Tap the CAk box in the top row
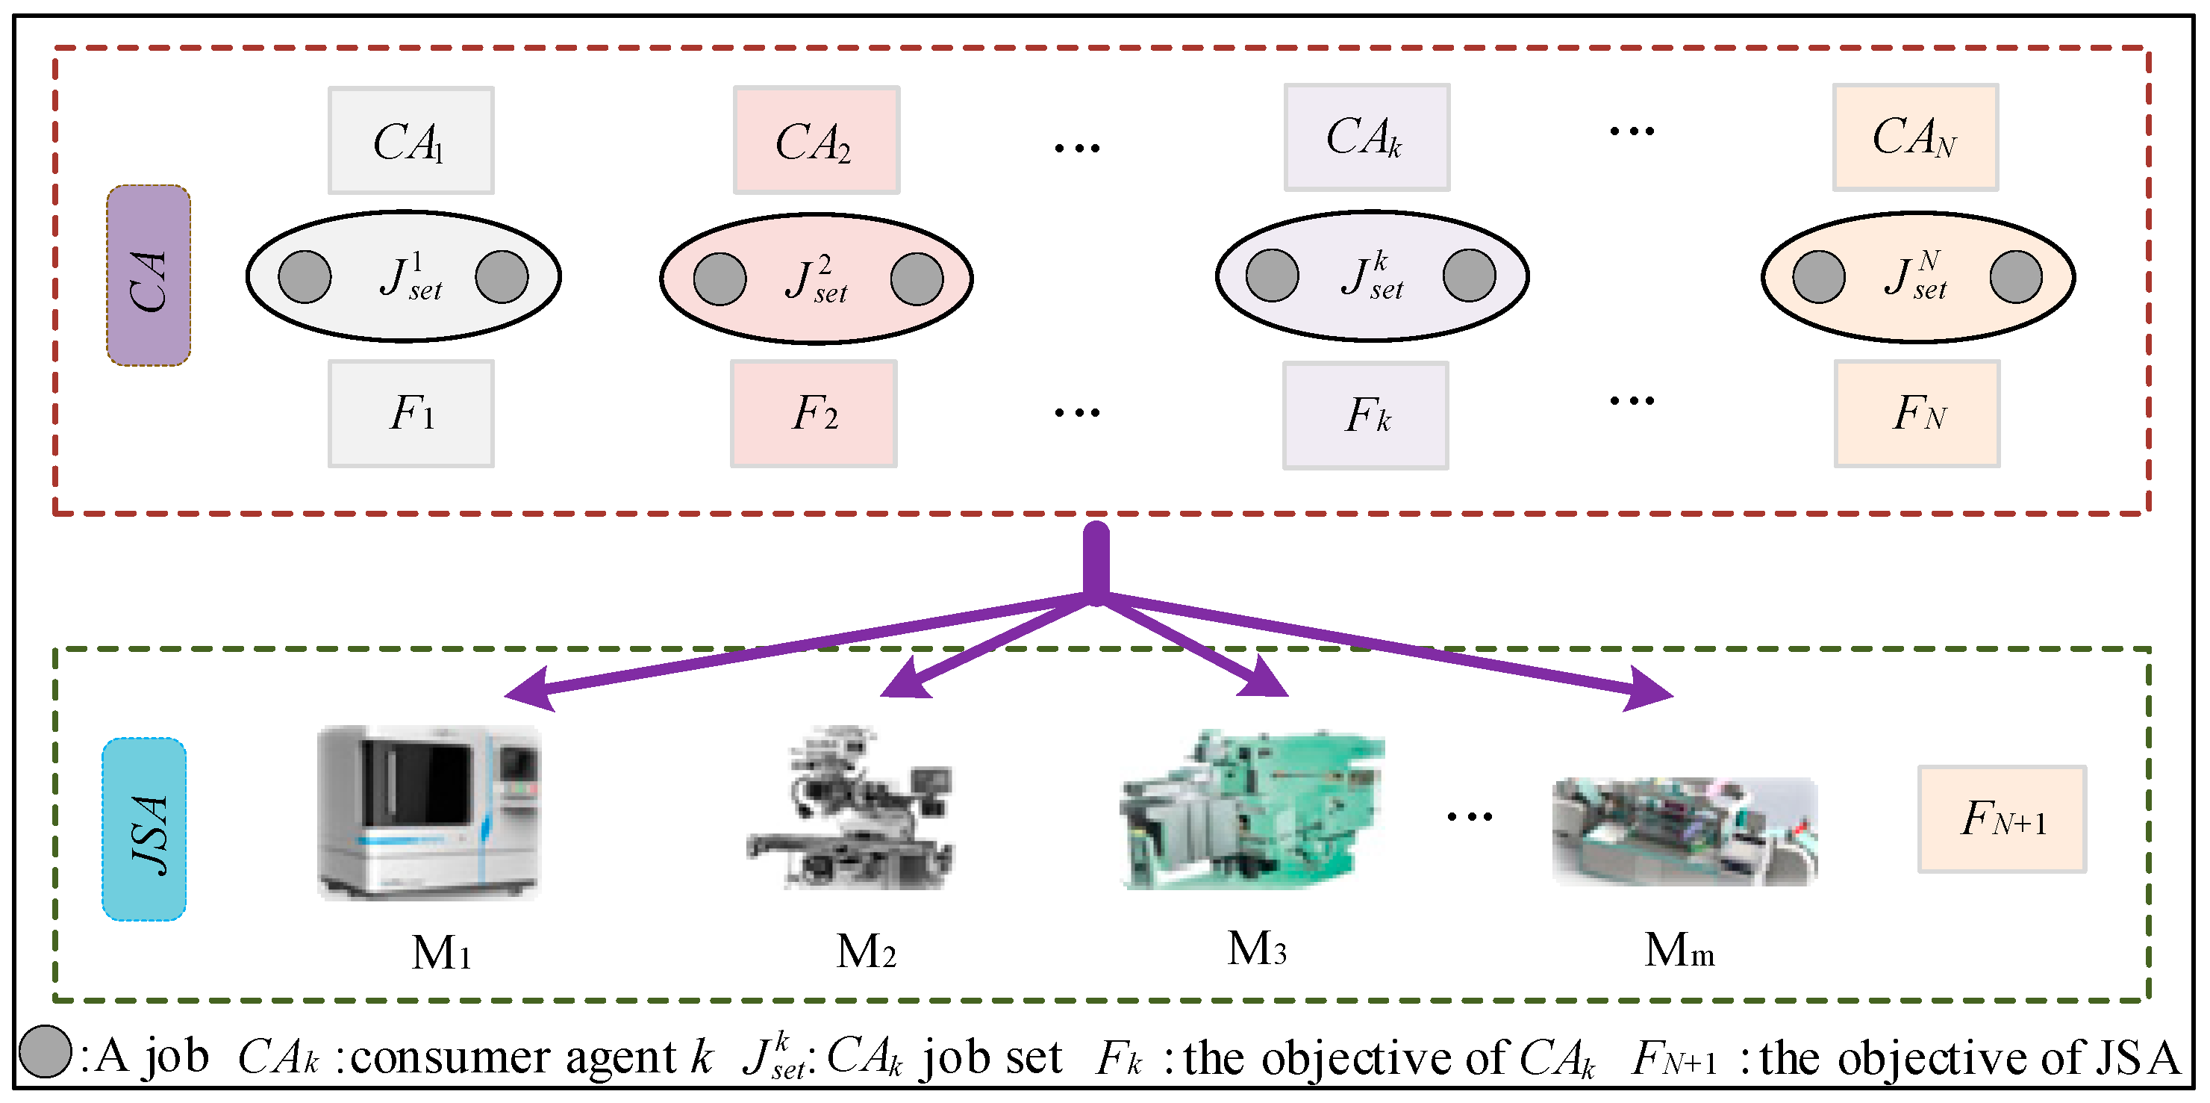1366,137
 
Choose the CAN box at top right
1915,137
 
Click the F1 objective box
411,413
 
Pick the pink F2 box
814,413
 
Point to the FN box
1917,413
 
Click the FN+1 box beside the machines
2002,819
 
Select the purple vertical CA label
149,276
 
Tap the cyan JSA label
144,829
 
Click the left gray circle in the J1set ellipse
305,276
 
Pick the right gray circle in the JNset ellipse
2015,276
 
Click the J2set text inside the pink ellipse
816,280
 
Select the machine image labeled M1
428,812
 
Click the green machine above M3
1252,811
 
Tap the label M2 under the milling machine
866,951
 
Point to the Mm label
1679,950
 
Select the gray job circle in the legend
45,1051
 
